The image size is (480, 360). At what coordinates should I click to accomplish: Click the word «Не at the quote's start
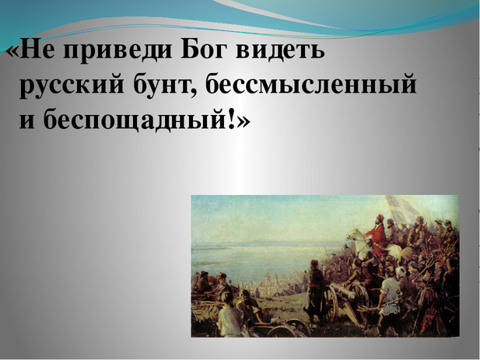29,50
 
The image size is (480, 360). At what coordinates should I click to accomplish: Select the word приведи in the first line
117,51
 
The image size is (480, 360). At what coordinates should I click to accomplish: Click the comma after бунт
197,93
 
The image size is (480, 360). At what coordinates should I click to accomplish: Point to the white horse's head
355,235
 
